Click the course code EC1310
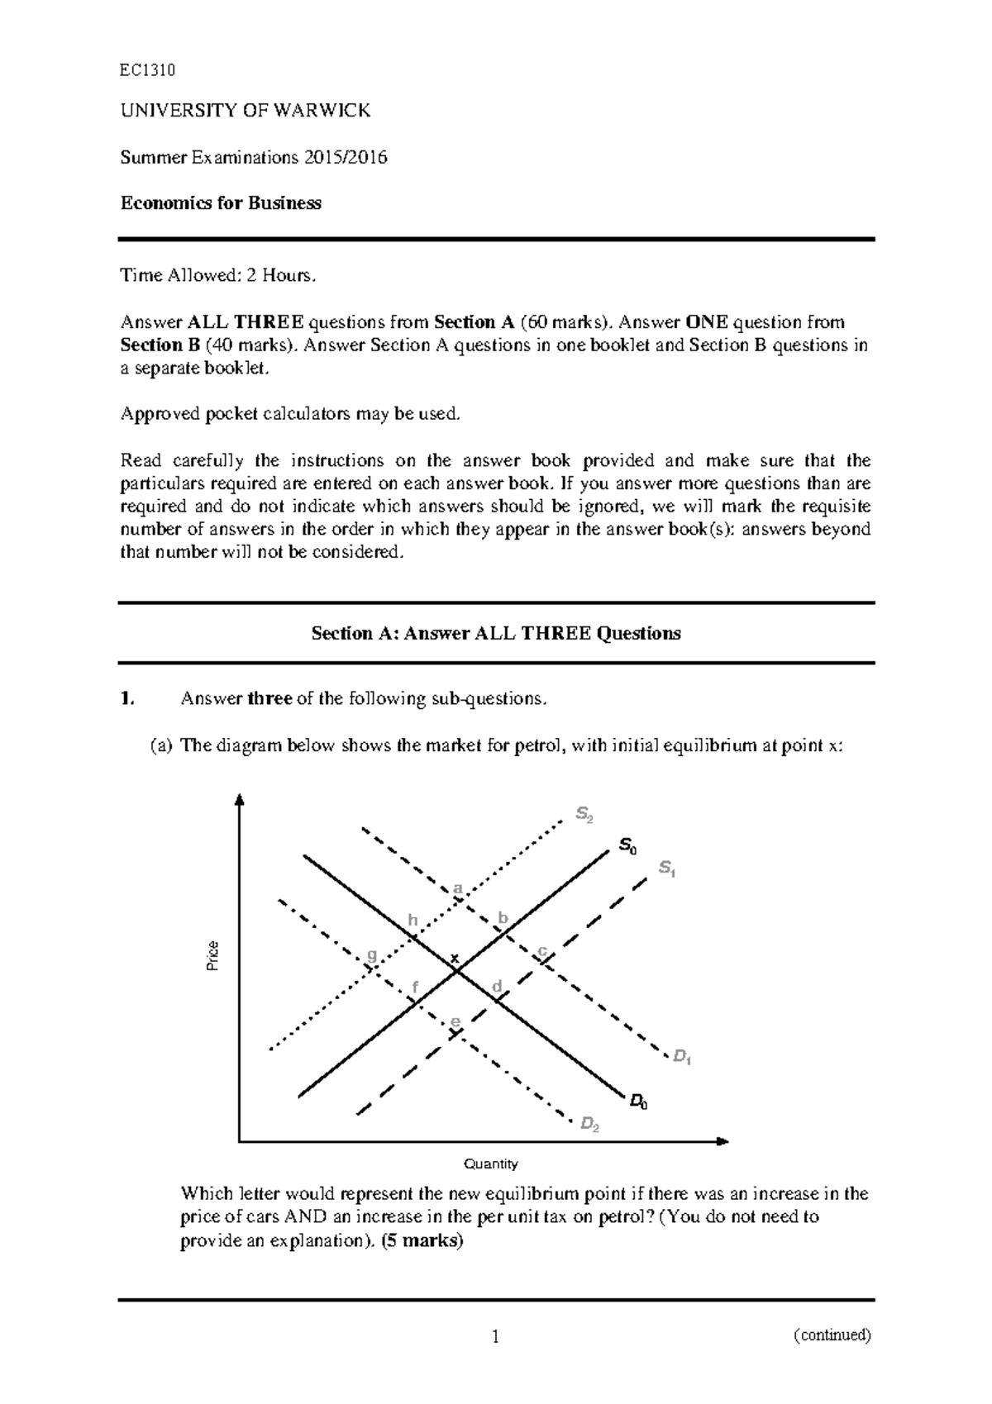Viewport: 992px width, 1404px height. (147, 70)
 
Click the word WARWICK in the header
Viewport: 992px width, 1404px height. (329, 111)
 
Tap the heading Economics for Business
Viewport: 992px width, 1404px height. (221, 203)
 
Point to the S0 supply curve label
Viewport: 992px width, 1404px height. (627, 845)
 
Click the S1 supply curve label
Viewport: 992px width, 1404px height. (667, 869)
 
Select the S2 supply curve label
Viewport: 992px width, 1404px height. (584, 816)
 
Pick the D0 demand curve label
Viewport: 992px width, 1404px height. (638, 1101)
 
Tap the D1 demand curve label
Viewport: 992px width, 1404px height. (681, 1056)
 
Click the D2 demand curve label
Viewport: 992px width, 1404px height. (589, 1124)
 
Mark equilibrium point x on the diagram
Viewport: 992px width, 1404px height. (453, 959)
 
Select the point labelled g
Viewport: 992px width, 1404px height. (371, 954)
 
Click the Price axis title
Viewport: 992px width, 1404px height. (212, 955)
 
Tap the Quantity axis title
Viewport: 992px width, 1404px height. (491, 1164)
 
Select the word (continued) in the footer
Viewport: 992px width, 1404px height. (832, 1335)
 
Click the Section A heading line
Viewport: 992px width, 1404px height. (495, 634)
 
